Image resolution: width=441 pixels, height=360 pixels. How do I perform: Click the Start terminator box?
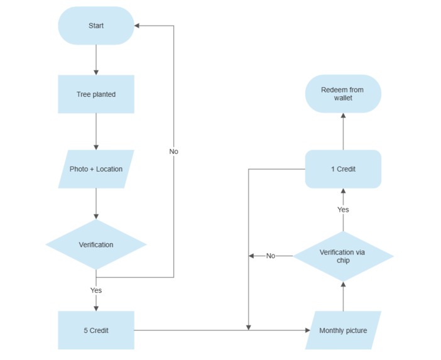[95, 26]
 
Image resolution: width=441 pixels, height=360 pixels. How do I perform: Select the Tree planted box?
[95, 94]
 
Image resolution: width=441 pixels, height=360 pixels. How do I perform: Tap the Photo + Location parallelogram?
[95, 169]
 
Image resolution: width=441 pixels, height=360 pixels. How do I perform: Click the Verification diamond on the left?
[95, 244]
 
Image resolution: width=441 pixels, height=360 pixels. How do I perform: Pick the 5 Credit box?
[95, 330]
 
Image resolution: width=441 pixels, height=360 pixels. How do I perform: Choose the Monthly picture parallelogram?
[343, 330]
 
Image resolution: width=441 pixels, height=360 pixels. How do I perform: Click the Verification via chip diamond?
[343, 256]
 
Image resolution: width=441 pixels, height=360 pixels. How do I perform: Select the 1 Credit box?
[343, 169]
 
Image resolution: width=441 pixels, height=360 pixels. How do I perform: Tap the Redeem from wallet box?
[343, 94]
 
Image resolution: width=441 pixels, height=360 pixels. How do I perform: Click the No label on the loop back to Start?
[173, 151]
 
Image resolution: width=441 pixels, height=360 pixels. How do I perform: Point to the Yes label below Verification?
[95, 290]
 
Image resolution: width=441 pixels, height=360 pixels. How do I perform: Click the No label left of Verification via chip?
[271, 256]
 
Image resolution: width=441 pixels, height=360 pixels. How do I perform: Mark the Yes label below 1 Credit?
[343, 209]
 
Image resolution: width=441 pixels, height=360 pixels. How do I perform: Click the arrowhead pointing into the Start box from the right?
[138, 26]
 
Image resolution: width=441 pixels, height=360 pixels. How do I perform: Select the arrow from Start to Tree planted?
[95, 60]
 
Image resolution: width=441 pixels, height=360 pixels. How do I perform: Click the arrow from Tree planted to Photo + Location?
[95, 131]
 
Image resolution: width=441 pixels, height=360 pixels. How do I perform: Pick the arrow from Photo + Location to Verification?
[95, 204]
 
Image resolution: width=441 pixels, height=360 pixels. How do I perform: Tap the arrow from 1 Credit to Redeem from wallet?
[343, 131]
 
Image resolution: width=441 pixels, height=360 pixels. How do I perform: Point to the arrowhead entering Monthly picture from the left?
[307, 330]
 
